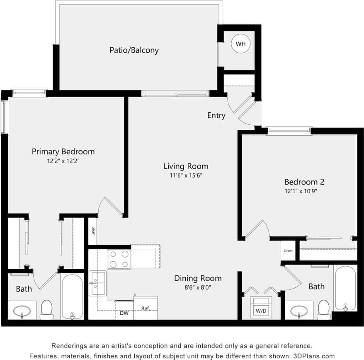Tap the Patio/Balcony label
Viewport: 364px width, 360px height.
(134, 50)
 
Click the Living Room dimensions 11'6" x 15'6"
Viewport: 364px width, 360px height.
(185, 175)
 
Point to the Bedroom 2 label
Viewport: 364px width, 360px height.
(304, 182)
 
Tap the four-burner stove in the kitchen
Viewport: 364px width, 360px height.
(119, 259)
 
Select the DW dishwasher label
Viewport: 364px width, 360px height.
(124, 314)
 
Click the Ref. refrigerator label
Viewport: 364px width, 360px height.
(145, 309)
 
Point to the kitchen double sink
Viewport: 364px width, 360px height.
(98, 283)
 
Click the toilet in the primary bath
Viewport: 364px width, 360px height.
(46, 309)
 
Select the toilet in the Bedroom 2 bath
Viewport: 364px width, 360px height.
(323, 309)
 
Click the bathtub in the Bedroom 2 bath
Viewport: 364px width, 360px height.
(345, 288)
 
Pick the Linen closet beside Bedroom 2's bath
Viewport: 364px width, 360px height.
(288, 251)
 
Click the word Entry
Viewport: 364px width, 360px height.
(216, 116)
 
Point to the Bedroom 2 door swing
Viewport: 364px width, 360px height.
(258, 229)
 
